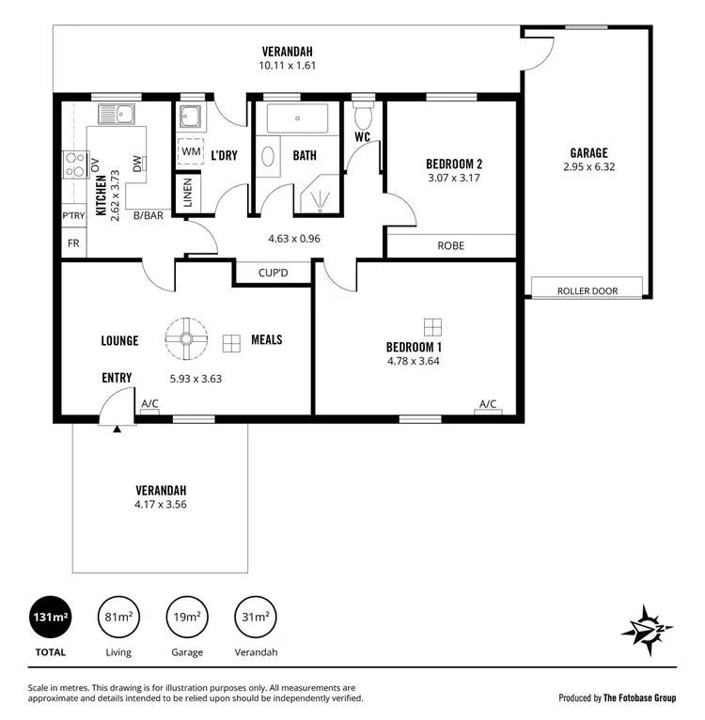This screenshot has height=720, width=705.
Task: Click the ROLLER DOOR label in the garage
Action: (587, 290)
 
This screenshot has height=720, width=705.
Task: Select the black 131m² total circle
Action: (50, 618)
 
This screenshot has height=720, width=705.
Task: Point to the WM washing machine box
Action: (191, 151)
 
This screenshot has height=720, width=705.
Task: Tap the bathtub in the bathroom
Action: (297, 119)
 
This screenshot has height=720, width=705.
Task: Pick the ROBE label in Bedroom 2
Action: (451, 245)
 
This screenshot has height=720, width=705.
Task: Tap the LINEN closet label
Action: (187, 194)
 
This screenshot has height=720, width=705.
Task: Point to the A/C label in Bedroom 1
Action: (487, 404)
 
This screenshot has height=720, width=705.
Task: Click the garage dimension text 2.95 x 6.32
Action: (588, 167)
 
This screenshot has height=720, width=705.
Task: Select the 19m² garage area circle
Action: (184, 618)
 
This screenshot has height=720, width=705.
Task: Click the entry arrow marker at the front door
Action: (117, 430)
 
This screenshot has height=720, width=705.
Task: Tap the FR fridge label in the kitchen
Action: (73, 243)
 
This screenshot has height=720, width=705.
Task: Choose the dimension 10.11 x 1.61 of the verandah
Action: (288, 66)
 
